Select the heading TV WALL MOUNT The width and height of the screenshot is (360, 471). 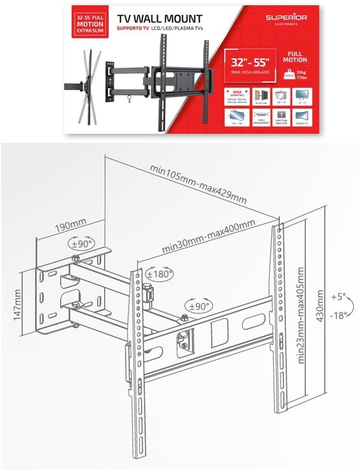coord(159,19)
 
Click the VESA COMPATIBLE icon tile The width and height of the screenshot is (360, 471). coord(236,96)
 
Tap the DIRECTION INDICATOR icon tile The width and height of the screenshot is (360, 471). coord(281,117)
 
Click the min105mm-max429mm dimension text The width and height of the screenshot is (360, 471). coord(198,185)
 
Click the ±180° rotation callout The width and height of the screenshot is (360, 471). coord(159,274)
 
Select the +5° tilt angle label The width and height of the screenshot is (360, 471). coord(338,297)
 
